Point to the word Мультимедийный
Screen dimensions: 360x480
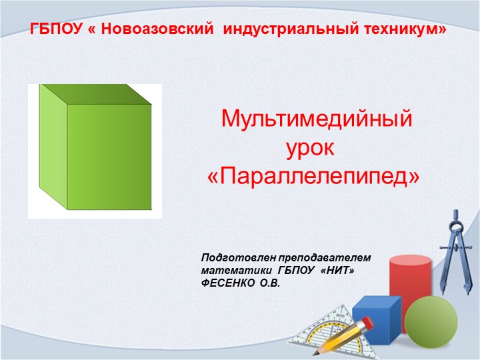click(x=317, y=120)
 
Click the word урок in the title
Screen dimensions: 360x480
click(x=317, y=148)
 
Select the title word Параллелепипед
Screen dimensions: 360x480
click(x=317, y=176)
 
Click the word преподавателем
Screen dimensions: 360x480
click(x=323, y=257)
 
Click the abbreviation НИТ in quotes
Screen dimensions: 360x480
click(x=337, y=271)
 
